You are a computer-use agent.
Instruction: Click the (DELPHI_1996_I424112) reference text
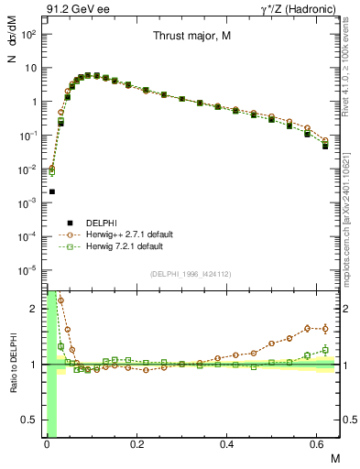pos(190,272)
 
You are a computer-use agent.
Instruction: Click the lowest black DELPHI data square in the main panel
pos(52,191)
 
